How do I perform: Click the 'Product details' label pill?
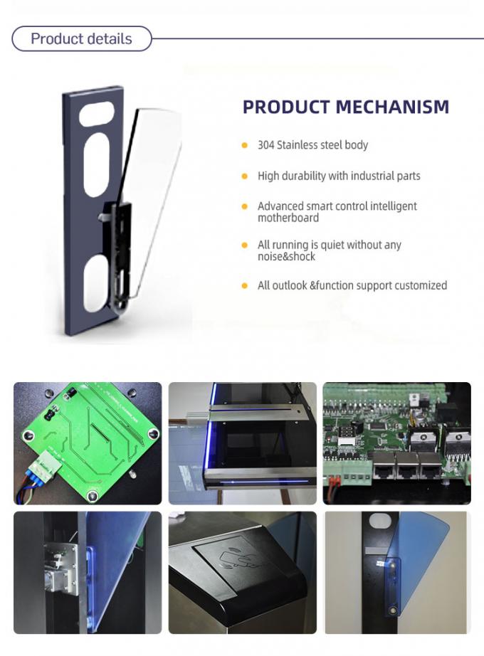pyautogui.click(x=81, y=38)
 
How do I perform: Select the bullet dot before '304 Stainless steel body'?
pyautogui.click(x=244, y=145)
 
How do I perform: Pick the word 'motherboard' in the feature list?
pyautogui.click(x=288, y=218)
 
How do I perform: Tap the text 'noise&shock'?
pyautogui.click(x=286, y=256)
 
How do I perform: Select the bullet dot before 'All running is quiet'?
pyautogui.click(x=244, y=245)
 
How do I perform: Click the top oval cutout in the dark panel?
pyautogui.click(x=97, y=114)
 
